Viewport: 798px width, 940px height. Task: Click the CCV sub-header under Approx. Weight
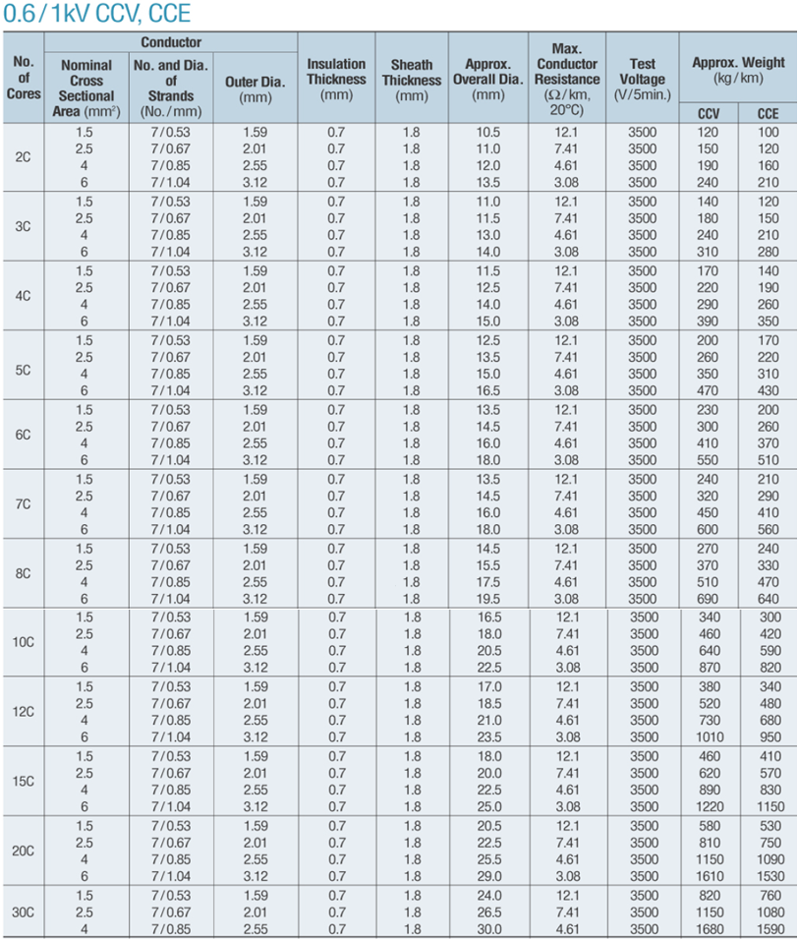pyautogui.click(x=708, y=113)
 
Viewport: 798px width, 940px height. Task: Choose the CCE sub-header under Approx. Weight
pyautogui.click(x=768, y=113)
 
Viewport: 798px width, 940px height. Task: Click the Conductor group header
pyautogui.click(x=171, y=42)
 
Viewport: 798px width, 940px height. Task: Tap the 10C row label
pyautogui.click(x=24, y=642)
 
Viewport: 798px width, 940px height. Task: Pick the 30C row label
pyautogui.click(x=24, y=911)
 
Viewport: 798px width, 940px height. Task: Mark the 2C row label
pyautogui.click(x=24, y=157)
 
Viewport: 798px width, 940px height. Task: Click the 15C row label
pyautogui.click(x=24, y=781)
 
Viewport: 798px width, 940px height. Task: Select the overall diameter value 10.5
pyautogui.click(x=488, y=132)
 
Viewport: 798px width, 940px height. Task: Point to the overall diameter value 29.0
pyautogui.click(x=488, y=876)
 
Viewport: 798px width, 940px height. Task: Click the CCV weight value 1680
pyautogui.click(x=708, y=928)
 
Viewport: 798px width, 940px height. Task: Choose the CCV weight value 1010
pyautogui.click(x=708, y=737)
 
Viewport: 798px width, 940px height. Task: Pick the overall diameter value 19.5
pyautogui.click(x=488, y=599)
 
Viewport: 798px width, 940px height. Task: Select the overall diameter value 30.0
pyautogui.click(x=488, y=928)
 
